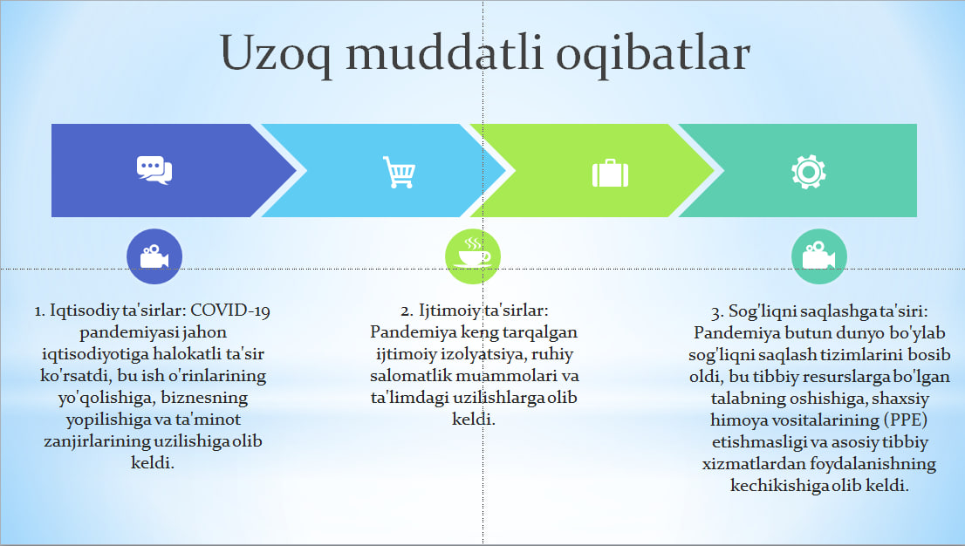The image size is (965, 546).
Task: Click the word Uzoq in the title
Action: pos(276,54)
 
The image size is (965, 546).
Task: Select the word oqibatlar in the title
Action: pos(654,54)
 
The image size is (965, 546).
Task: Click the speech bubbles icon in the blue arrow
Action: pos(154,170)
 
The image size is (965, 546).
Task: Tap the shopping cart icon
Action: pos(399,172)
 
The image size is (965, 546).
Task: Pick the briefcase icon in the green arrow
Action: pos(610,173)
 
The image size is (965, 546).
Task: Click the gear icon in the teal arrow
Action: pos(809,172)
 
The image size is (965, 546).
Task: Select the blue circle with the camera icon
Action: pos(154,256)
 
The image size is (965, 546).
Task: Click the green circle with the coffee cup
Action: pos(473,256)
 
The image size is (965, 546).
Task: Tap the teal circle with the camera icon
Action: pos(819,256)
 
